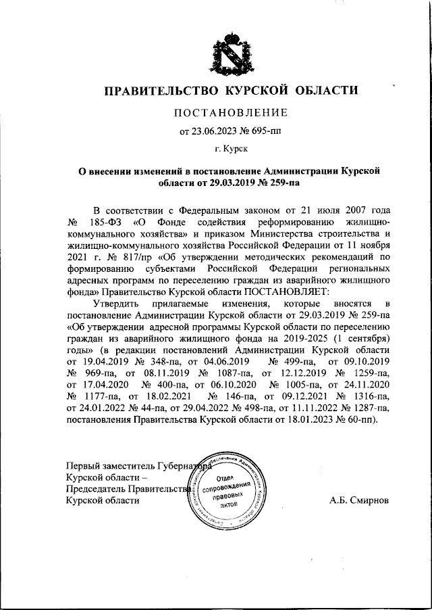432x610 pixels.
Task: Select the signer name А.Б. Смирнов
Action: [360, 501]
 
